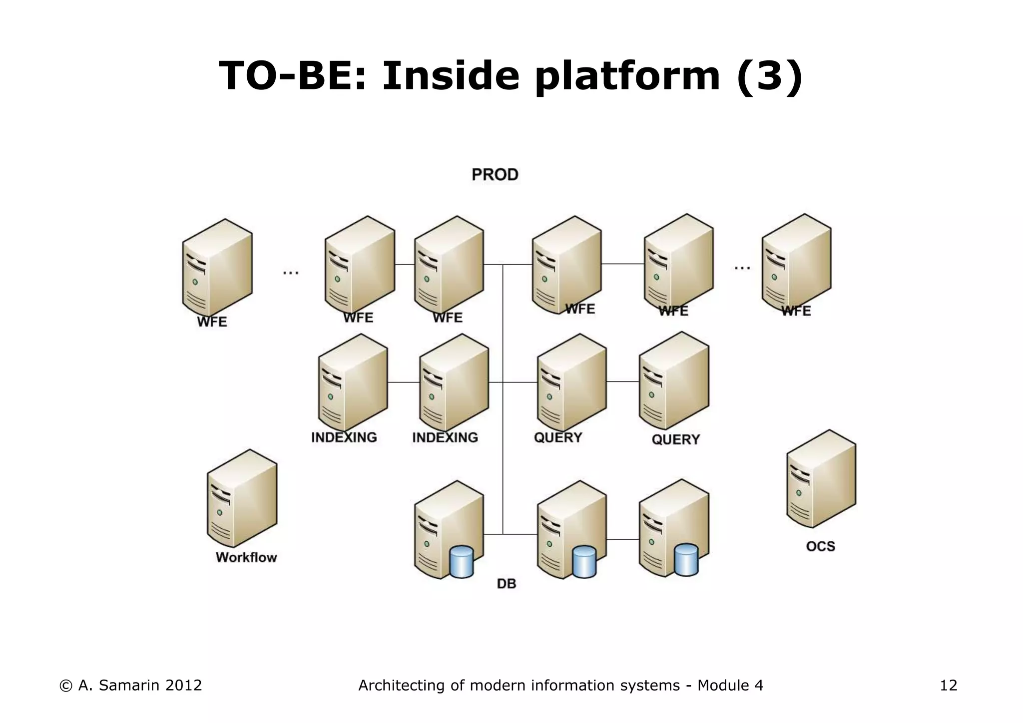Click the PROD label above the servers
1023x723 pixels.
pos(495,175)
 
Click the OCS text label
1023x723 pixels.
pos(820,546)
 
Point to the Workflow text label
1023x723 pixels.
pos(246,557)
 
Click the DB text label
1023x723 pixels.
pos(506,584)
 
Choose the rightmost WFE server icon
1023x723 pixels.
pos(796,263)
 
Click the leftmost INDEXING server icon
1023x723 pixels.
pos(353,382)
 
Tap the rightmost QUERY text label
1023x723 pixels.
pos(675,439)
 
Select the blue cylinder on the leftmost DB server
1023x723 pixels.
pos(462,562)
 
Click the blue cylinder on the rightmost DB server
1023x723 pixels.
pos(686,560)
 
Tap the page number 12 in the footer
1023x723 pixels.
pos(948,686)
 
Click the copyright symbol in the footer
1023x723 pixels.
pos(65,686)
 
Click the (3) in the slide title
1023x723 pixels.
pos(770,76)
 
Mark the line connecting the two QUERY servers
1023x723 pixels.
pos(622,381)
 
